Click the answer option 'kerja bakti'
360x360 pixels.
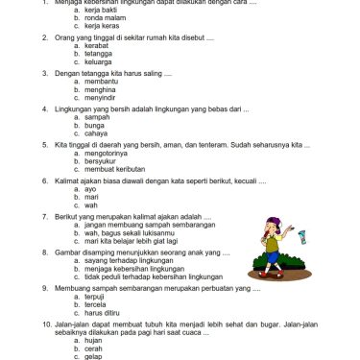coord(100,11)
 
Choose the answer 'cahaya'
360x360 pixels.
coord(96,132)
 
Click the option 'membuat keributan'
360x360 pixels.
coord(114,168)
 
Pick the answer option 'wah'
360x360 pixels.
coord(91,204)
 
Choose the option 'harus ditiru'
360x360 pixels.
coord(103,312)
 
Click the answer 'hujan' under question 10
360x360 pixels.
coord(94,339)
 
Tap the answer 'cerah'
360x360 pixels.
coord(94,348)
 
